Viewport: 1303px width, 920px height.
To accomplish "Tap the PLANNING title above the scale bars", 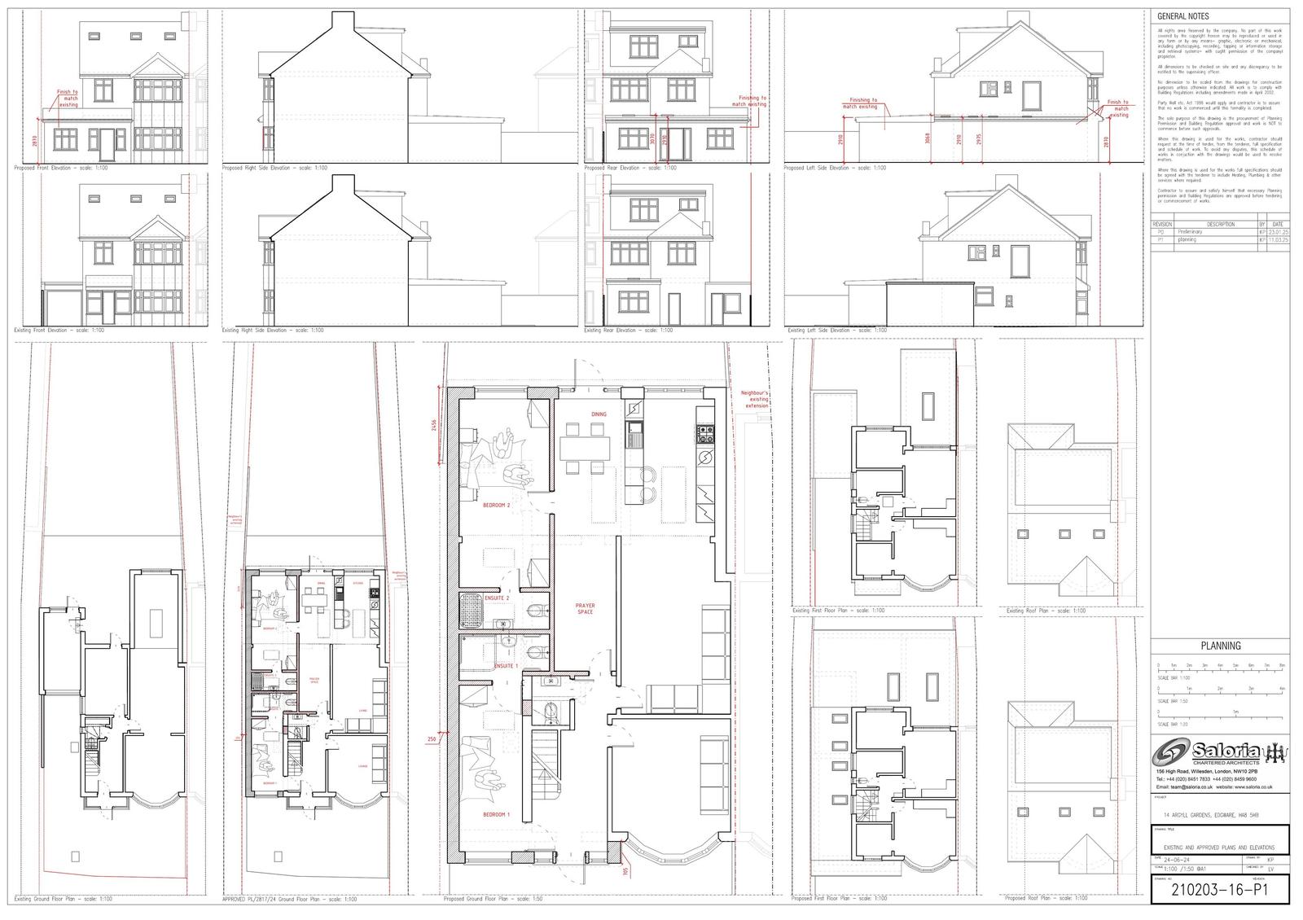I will [1222, 646].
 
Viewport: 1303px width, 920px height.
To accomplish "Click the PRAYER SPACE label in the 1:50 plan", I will [586, 608].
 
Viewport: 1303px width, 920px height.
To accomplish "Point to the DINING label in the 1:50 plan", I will [599, 414].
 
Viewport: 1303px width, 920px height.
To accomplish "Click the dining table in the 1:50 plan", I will [584, 446].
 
